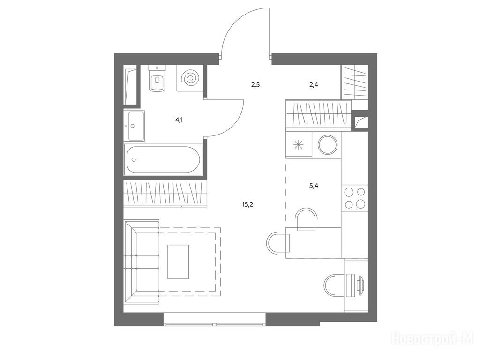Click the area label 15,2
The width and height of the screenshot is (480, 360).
247,205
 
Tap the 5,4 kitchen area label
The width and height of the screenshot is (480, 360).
314,185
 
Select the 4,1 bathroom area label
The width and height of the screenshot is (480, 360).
179,120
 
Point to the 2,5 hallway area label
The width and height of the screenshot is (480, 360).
255,85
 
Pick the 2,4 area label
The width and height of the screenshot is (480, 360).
314,85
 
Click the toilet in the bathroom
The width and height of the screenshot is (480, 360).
157,78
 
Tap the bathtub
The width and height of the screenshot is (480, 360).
164,160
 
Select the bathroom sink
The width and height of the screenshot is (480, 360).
134,126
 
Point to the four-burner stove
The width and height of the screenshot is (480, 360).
354,198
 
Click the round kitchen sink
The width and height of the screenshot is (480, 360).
328,145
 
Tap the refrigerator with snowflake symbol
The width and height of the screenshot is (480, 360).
299,145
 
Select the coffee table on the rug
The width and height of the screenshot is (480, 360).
178,262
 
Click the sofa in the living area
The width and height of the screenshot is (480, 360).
142,262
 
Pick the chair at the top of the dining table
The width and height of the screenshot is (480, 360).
307,218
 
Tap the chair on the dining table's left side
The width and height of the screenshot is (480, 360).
277,243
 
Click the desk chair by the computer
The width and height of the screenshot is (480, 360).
334,285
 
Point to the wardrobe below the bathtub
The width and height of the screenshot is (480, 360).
165,193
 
